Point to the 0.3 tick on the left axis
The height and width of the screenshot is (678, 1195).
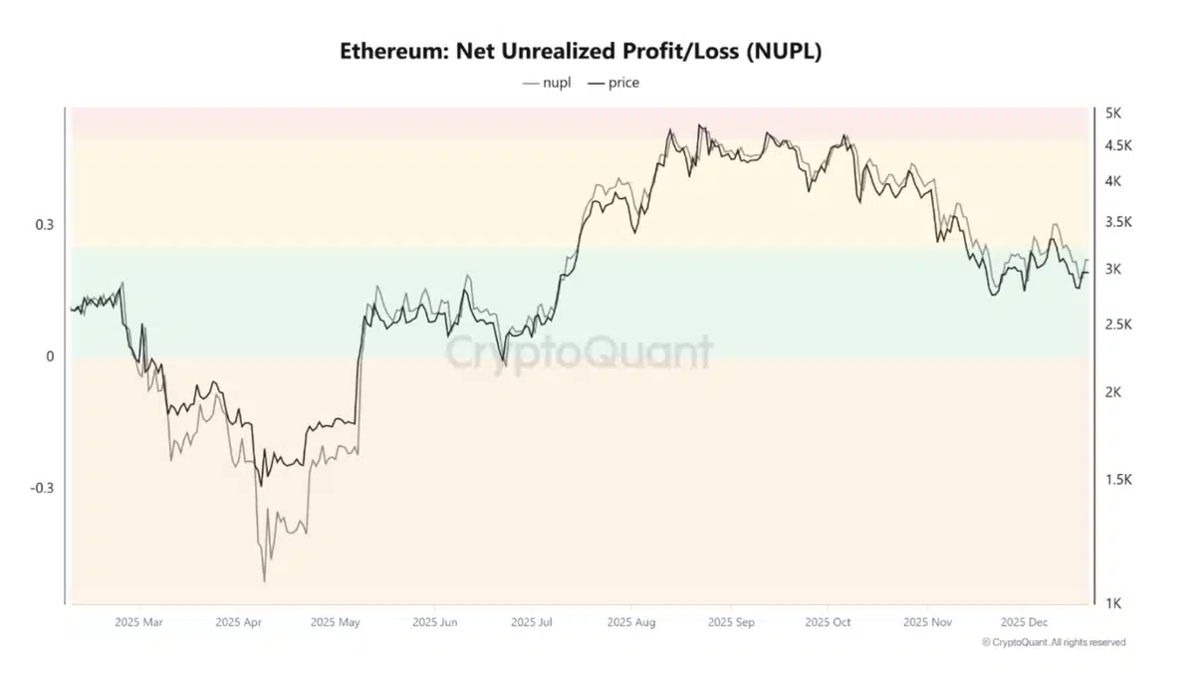point(45,225)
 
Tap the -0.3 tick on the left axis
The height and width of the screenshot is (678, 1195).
point(42,488)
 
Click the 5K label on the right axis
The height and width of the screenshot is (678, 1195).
point(1113,113)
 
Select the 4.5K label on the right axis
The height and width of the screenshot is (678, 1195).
point(1118,145)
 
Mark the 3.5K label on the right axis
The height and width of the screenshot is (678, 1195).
point(1118,222)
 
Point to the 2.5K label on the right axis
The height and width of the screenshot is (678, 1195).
point(1118,325)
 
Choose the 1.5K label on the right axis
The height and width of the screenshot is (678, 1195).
point(1118,480)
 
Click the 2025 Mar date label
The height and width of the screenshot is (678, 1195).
point(138,622)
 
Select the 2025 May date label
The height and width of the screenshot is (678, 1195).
point(336,622)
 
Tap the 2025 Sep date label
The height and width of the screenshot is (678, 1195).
point(731,622)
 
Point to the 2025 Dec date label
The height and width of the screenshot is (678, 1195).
point(1025,622)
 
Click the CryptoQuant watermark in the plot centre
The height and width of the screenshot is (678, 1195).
point(578,352)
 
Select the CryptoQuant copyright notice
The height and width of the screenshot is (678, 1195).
point(1054,642)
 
